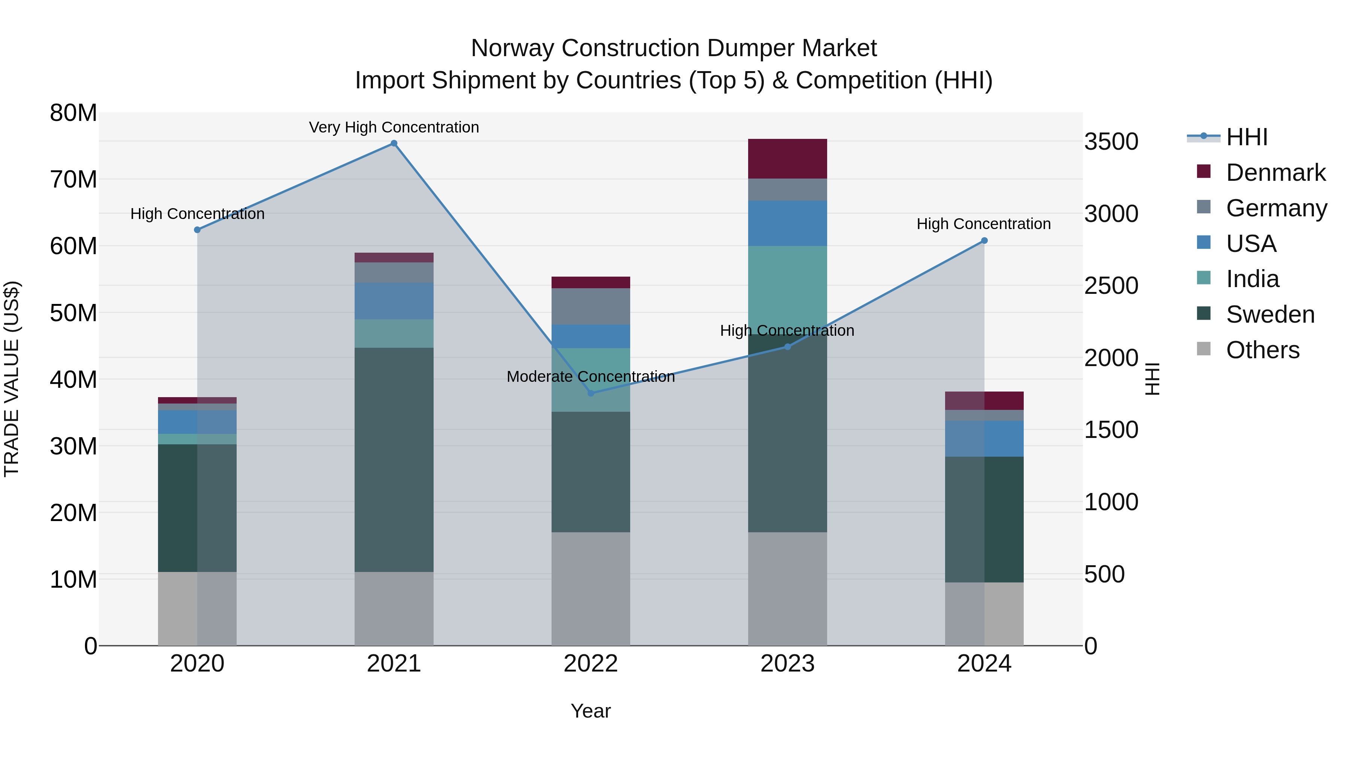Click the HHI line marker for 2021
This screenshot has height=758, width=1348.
tap(394, 143)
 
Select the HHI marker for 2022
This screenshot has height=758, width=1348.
tap(591, 393)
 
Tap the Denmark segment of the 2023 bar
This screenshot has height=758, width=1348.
tap(787, 158)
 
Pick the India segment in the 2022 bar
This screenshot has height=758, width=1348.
tap(591, 380)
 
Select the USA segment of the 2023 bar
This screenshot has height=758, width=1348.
tap(787, 223)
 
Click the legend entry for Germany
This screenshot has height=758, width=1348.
tap(1276, 208)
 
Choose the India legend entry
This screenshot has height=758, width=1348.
tap(1252, 279)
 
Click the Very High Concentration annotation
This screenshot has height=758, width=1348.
tap(394, 127)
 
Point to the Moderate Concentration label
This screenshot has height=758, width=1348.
tap(591, 376)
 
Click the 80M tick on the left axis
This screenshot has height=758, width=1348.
tap(73, 113)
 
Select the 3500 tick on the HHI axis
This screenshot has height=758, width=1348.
tap(1111, 142)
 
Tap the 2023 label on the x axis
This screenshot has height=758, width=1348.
tap(787, 664)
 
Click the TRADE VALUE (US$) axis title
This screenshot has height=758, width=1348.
tap(12, 379)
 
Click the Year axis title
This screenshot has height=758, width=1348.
tap(591, 711)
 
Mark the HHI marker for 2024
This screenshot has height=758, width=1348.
tap(984, 241)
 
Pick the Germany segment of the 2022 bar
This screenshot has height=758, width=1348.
tap(591, 306)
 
